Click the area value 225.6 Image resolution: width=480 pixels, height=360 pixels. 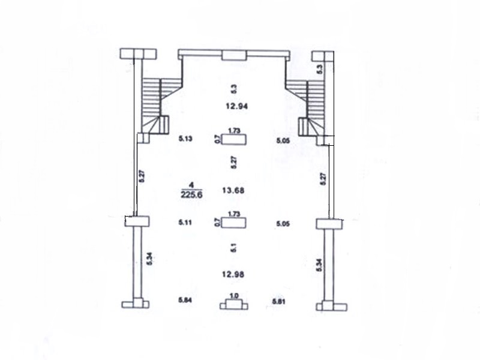[x=191, y=194]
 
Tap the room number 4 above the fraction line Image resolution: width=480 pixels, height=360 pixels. [x=191, y=185]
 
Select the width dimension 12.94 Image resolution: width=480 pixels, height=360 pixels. [x=236, y=106]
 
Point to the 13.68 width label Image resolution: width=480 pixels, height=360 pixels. [x=233, y=190]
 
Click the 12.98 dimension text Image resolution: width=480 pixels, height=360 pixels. [x=233, y=274]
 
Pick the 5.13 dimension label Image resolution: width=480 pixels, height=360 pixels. [x=185, y=139]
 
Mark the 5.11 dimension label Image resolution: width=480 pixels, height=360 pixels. [x=185, y=222]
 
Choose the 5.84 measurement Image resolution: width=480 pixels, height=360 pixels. [x=185, y=300]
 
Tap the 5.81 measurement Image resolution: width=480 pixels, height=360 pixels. [x=278, y=302]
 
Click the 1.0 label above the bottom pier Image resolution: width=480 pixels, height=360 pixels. [x=234, y=296]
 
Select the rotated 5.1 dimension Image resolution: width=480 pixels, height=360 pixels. [x=234, y=248]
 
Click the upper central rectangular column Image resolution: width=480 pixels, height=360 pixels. [x=234, y=139]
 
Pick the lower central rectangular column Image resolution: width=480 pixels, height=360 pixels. [x=234, y=223]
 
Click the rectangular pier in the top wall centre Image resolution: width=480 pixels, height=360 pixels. [x=234, y=55]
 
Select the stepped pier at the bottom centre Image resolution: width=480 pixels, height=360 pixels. [x=234, y=305]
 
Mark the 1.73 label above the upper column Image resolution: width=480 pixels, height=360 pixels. [x=234, y=131]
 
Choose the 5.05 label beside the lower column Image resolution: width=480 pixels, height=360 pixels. [x=283, y=224]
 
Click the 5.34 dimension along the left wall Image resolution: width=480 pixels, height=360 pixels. [x=149, y=259]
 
